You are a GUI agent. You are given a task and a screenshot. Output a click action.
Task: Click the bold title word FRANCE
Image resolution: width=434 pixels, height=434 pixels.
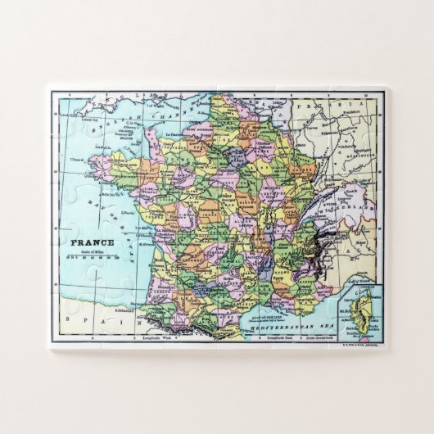pos(93,242)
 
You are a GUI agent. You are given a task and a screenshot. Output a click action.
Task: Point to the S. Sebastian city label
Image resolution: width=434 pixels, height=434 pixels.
pos(125,310)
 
